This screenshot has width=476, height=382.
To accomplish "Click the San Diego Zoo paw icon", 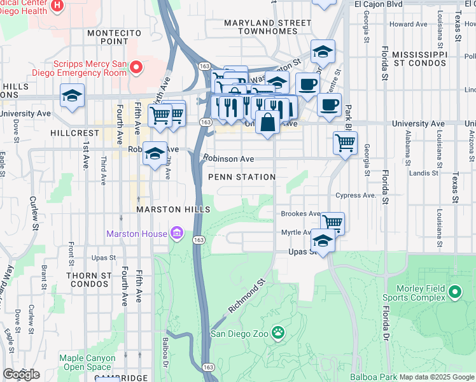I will (x=277, y=332).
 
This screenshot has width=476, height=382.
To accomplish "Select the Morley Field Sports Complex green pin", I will (x=454, y=292).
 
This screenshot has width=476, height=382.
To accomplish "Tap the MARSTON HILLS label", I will (x=164, y=209).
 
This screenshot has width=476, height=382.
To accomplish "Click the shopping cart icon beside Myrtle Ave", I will (x=332, y=222).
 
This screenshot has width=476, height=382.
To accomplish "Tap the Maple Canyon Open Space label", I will (x=86, y=363).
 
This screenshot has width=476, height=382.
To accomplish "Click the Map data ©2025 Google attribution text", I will (x=437, y=377).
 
